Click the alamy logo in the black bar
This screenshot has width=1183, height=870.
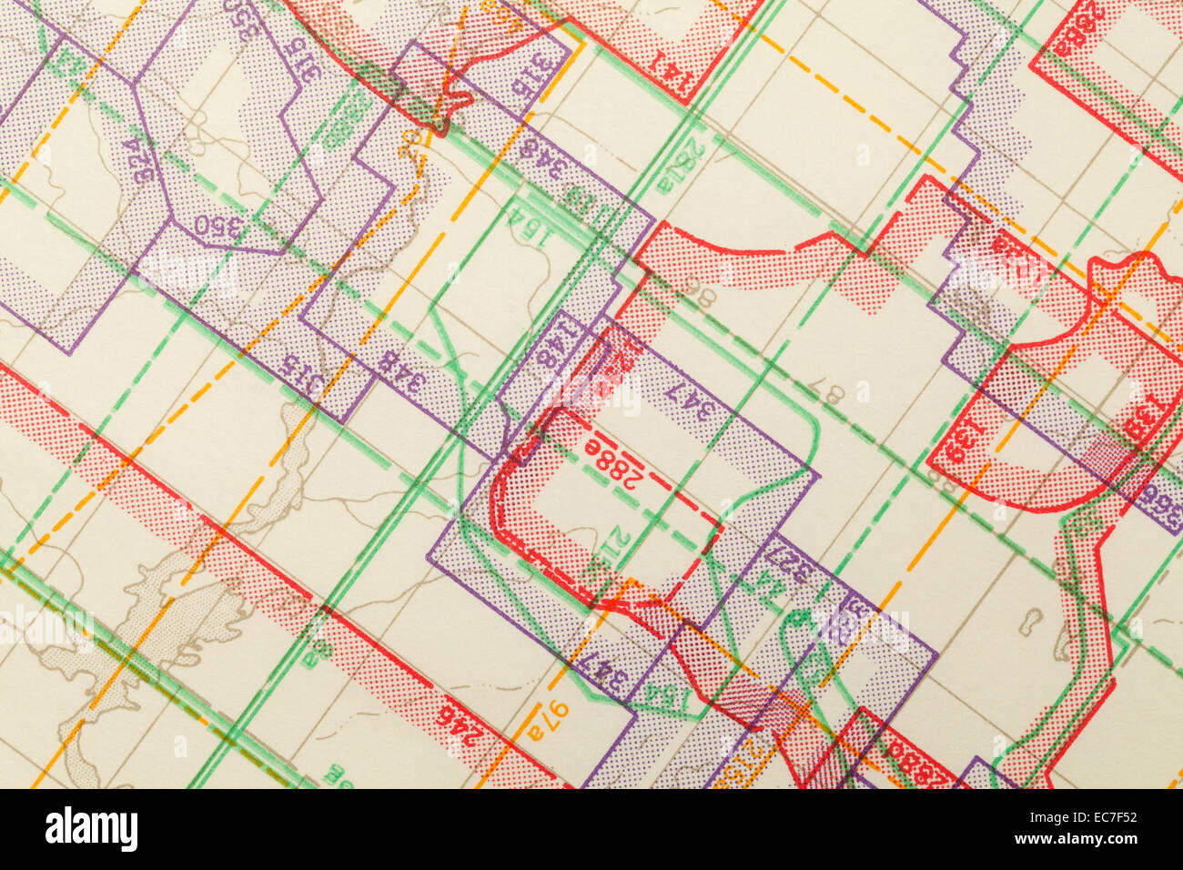click(91, 829)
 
